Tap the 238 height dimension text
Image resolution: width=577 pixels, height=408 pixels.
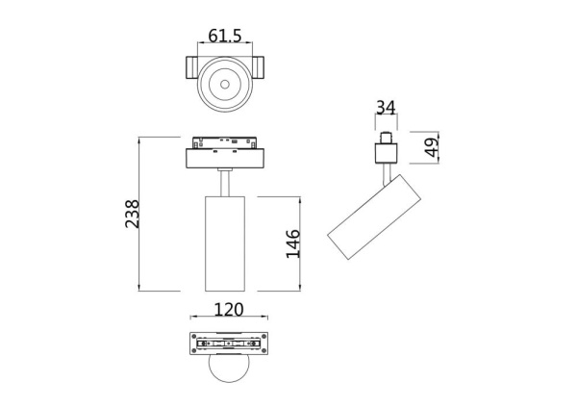132,213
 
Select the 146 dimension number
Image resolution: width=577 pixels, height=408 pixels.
293,244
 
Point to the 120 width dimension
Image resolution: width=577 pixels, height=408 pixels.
228,310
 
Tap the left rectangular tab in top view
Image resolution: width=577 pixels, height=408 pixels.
191,69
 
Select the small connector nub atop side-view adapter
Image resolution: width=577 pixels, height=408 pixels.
387,136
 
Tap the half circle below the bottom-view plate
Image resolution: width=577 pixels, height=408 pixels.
228,370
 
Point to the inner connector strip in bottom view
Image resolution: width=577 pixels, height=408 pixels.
228,344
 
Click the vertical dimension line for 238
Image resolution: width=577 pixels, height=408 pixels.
141,213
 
